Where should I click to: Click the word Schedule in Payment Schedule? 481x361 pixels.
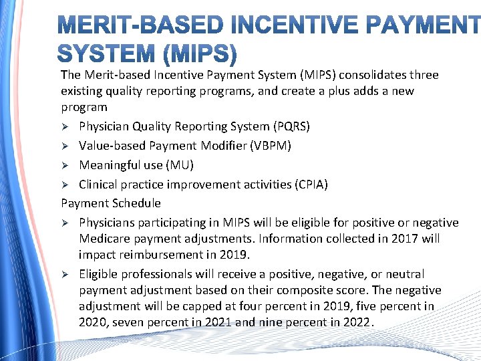pos(138,203)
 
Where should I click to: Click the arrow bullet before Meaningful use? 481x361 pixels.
pos(65,165)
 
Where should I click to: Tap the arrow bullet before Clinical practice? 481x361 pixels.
pos(65,185)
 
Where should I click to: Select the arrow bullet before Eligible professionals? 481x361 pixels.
pos(65,274)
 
